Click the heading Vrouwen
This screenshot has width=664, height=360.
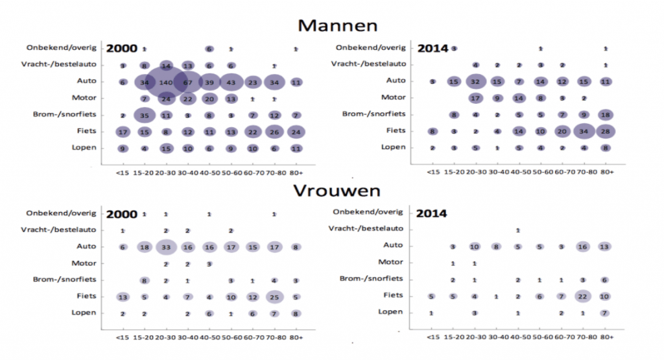tap(336, 191)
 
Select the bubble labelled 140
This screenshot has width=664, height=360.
tap(166, 82)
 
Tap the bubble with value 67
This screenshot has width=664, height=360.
tap(187, 82)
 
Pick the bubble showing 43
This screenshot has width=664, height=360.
tap(231, 82)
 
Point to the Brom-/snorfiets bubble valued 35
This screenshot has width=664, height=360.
tap(145, 115)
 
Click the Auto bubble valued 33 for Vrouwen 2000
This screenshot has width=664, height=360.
tap(166, 247)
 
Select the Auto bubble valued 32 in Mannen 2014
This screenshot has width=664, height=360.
tap(476, 82)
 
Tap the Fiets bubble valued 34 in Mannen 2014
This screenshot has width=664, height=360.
tap(584, 131)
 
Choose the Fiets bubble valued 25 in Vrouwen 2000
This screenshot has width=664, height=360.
tap(274, 297)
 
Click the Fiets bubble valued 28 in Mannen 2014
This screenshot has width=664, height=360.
tap(606, 131)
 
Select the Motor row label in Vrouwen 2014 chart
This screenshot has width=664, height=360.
tap(391, 262)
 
